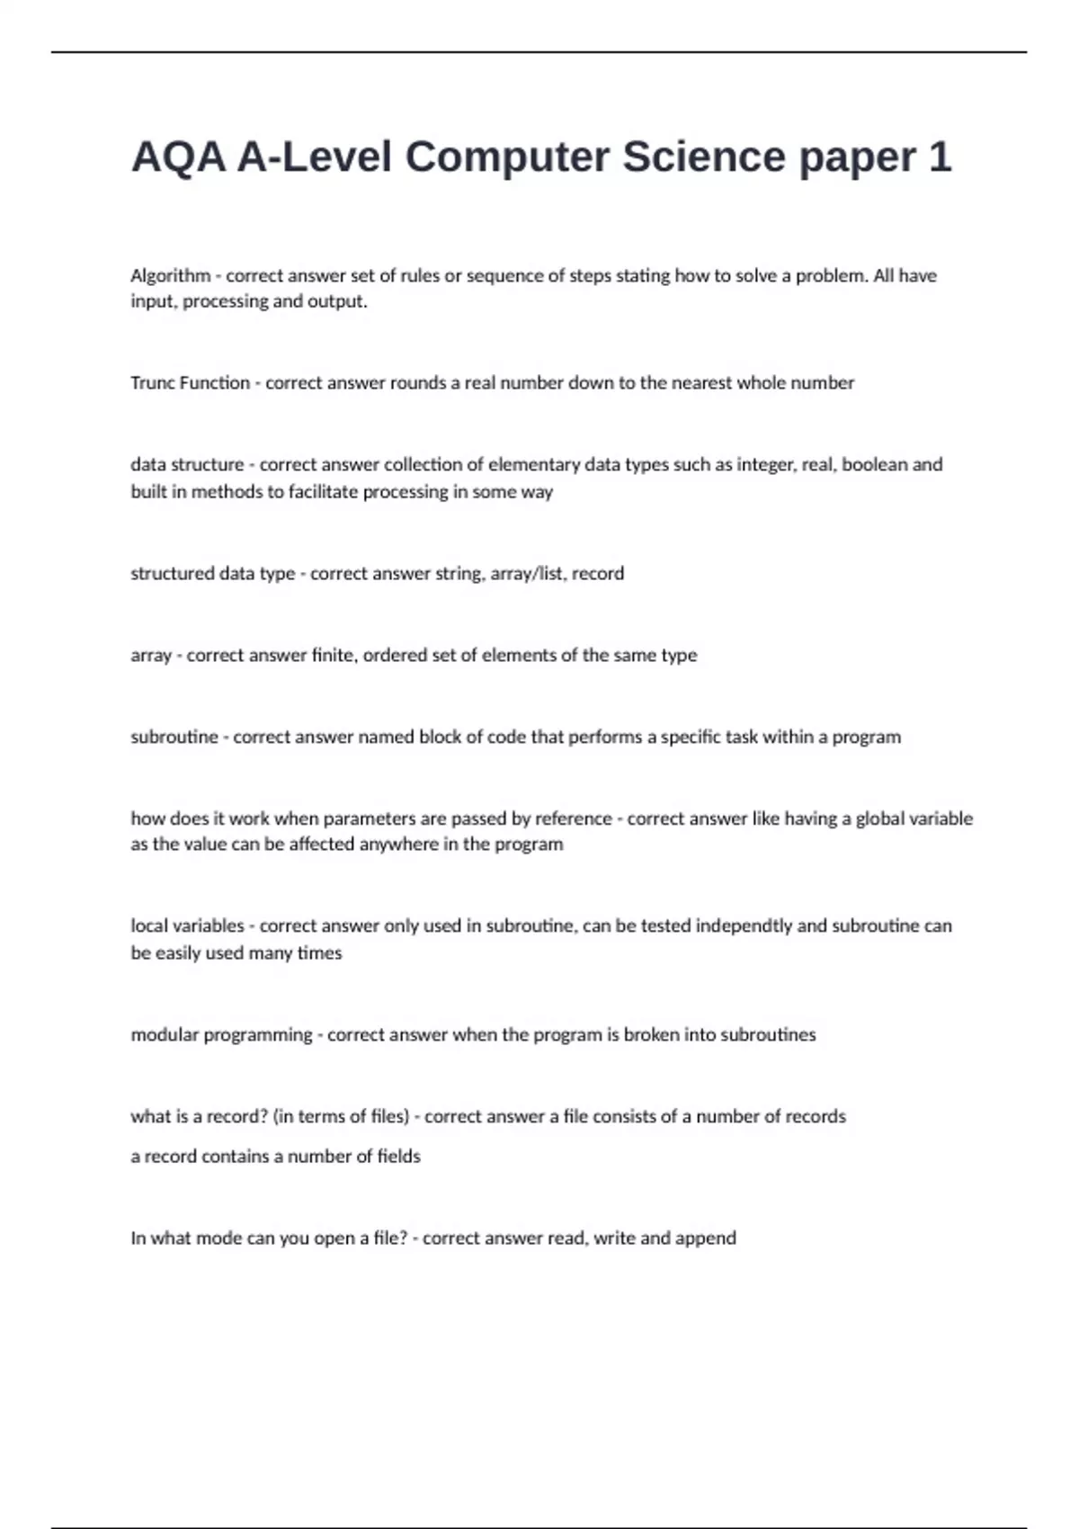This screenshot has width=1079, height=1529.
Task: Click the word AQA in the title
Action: pos(178,157)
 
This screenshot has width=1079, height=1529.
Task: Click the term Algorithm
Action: pos(170,276)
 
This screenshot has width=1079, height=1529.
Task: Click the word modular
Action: pos(164,1035)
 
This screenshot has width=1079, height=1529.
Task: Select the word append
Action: pos(706,1238)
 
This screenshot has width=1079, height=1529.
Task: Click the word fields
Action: pos(398,1157)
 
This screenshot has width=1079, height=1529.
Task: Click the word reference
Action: pos(573,818)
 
